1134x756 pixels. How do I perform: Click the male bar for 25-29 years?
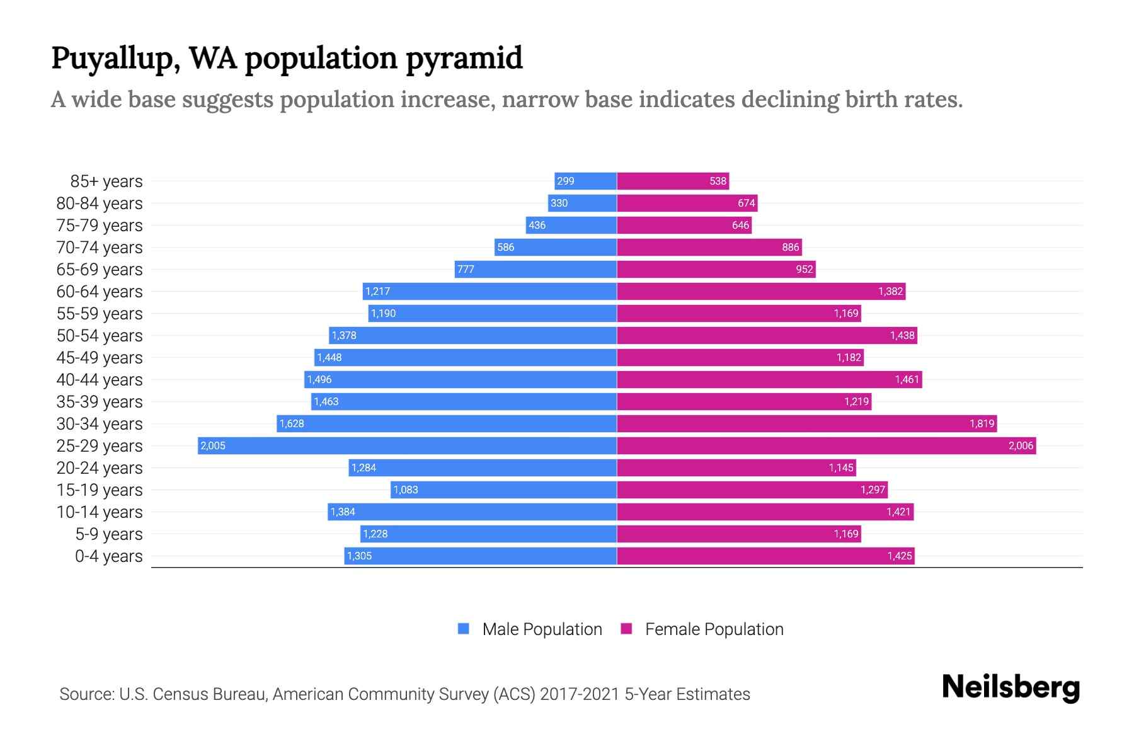[x=407, y=446]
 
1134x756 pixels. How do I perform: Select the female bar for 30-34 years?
[x=806, y=424]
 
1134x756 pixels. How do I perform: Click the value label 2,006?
[x=1021, y=446]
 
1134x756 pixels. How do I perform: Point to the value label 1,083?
[x=406, y=490]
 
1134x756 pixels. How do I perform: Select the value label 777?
[x=466, y=270]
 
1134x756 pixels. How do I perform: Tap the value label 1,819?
[x=982, y=424]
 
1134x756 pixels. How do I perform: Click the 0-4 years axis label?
[x=108, y=556]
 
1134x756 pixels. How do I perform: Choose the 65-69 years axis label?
[x=100, y=270]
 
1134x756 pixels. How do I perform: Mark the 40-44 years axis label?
[x=100, y=380]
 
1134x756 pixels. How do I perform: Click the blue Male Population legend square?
[x=464, y=629]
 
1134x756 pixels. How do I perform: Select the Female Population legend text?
[x=714, y=629]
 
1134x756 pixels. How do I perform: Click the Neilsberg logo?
[x=1011, y=687]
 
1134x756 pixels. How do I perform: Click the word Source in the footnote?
[x=86, y=694]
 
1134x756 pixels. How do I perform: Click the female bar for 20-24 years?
[x=736, y=468]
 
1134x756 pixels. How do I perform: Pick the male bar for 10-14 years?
[x=472, y=512]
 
